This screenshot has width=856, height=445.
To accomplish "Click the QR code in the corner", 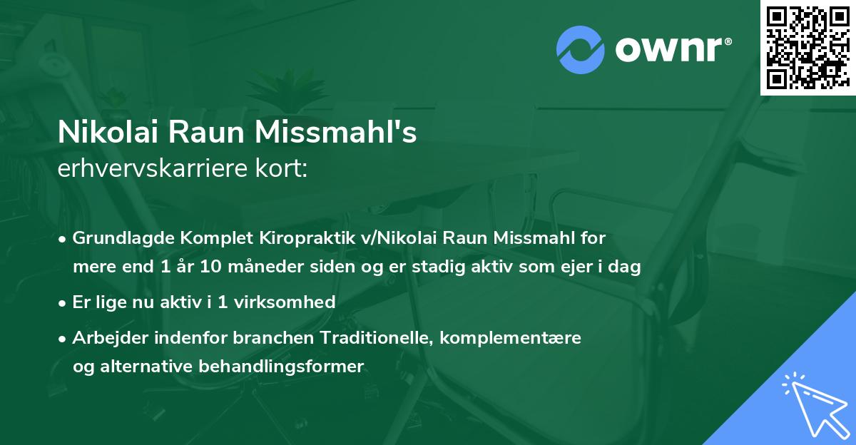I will [x=808, y=47].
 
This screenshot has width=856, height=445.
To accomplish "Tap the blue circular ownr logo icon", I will [x=581, y=50].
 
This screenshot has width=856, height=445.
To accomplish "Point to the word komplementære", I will [x=511, y=337].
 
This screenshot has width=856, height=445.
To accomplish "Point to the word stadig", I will [x=467, y=267].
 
